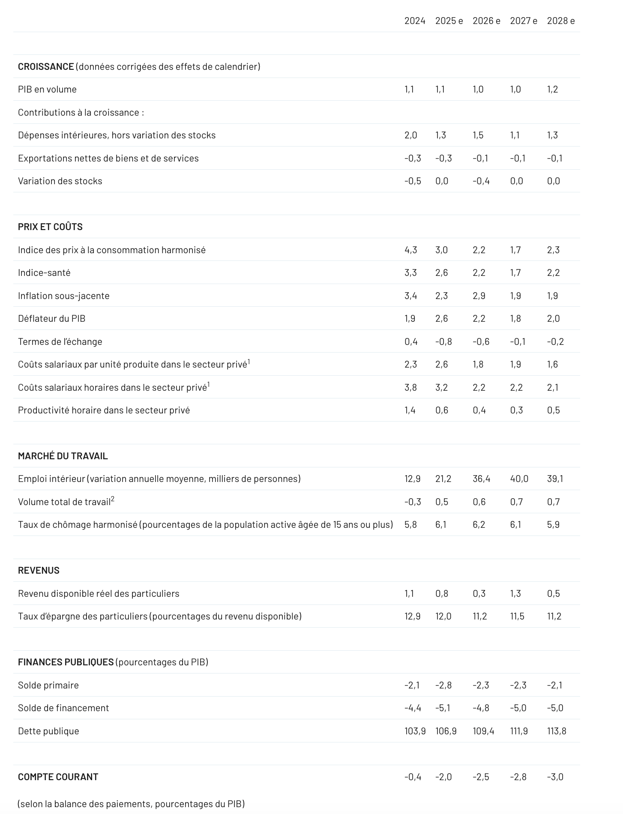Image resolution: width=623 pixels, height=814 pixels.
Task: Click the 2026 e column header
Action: pyautogui.click(x=486, y=21)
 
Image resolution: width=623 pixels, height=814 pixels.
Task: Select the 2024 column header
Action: pyautogui.click(x=414, y=21)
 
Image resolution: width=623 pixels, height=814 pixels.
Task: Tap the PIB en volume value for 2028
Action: pyautogui.click(x=552, y=90)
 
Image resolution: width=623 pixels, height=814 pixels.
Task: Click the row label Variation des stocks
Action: pyautogui.click(x=60, y=181)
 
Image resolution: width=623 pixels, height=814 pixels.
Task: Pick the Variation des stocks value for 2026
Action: pyautogui.click(x=481, y=181)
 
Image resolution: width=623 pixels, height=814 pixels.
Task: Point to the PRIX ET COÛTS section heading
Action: pyautogui.click(x=50, y=227)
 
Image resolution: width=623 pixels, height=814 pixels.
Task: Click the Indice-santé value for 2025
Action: pyautogui.click(x=441, y=273)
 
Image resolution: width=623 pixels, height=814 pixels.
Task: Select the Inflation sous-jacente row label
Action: pyautogui.click(x=63, y=296)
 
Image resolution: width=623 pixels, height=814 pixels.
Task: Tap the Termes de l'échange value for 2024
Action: pyautogui.click(x=410, y=342)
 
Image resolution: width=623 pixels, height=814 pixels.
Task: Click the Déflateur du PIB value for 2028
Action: pyautogui.click(x=553, y=319)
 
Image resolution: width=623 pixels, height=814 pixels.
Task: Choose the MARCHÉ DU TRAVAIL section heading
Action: pyautogui.click(x=63, y=456)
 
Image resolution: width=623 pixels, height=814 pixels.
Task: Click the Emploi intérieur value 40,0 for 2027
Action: pyautogui.click(x=519, y=479)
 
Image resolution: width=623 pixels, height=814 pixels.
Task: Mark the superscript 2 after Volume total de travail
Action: pyautogui.click(x=113, y=499)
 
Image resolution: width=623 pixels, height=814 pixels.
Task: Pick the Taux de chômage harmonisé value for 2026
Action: pyautogui.click(x=479, y=525)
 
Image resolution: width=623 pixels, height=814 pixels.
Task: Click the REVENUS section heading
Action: pyautogui.click(x=39, y=571)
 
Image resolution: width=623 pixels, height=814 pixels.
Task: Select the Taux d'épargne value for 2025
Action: pyautogui.click(x=443, y=616)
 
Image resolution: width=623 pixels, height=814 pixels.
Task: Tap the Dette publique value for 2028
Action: pyautogui.click(x=556, y=731)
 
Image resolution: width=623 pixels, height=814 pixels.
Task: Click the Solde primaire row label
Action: pyautogui.click(x=48, y=685)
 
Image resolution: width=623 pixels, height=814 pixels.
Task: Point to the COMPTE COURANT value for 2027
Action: pyautogui.click(x=518, y=777)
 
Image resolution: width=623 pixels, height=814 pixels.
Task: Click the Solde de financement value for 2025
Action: pyautogui.click(x=443, y=708)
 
